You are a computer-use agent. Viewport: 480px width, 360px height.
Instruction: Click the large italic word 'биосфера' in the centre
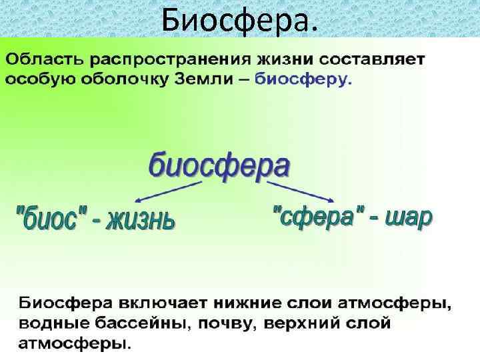(219, 164)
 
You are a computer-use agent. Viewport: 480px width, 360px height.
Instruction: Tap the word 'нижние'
(204, 303)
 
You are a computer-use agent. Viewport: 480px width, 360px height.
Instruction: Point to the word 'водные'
(43, 325)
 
